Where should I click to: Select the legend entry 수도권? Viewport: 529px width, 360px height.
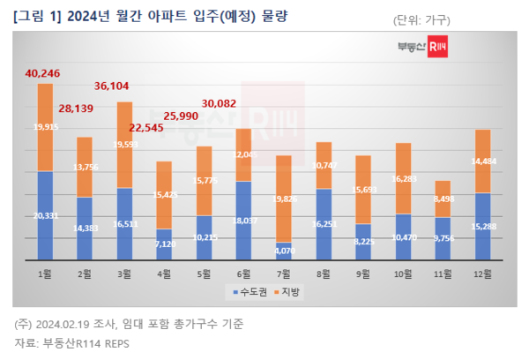tap(242, 291)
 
